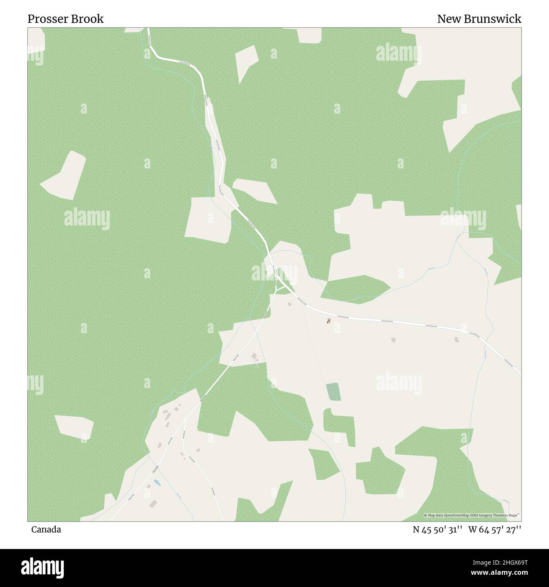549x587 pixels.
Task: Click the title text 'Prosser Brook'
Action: pos(65,19)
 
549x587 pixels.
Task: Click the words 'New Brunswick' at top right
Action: pos(479,19)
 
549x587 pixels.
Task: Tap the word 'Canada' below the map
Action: pos(46,529)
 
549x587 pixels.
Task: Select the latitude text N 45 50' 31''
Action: pos(438,529)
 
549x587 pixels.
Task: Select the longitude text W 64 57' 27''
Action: pos(495,529)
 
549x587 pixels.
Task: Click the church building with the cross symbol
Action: pos(329,321)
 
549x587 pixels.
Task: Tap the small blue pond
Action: pos(157,482)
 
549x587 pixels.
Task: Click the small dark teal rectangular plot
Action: pos(333,391)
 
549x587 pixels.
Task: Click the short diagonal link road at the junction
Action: pos(280,288)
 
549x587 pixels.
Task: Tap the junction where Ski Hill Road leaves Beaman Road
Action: pos(185,419)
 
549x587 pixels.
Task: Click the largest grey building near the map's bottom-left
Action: pos(153,503)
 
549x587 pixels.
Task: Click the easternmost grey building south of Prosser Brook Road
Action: pos(457,339)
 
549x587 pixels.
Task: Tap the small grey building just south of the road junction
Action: pos(290,304)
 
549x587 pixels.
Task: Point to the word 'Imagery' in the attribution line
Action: pos(486,515)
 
